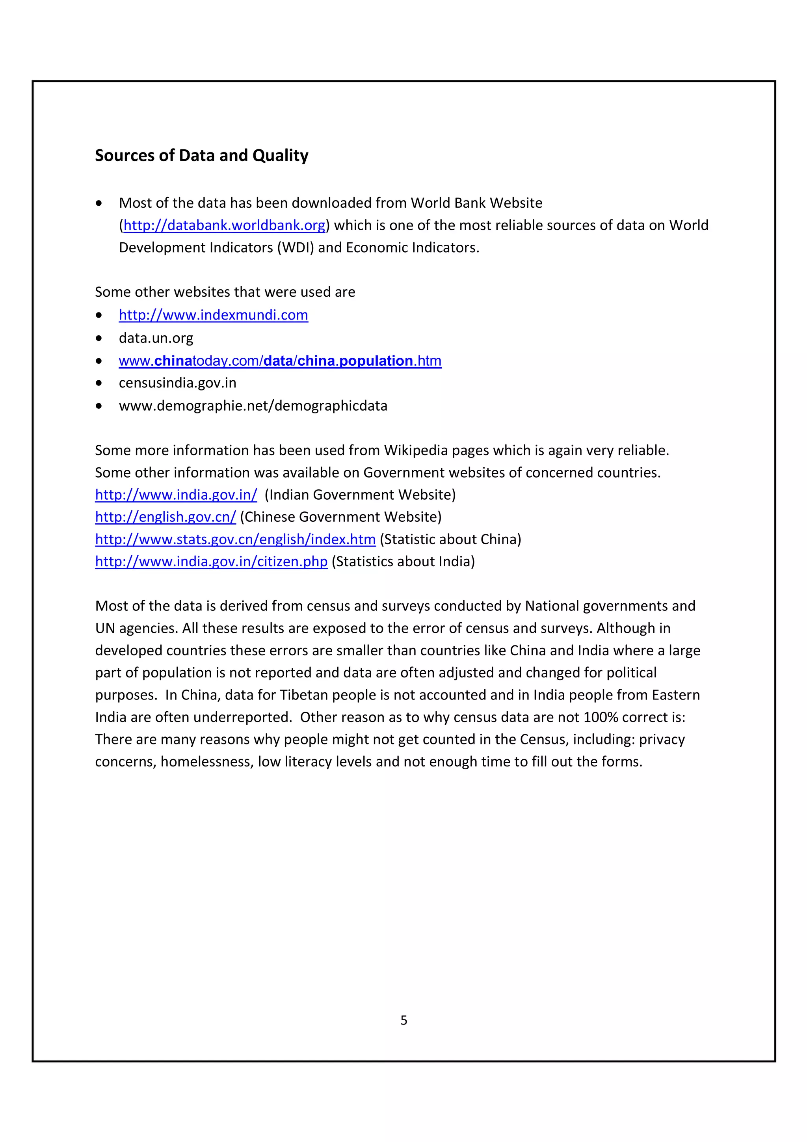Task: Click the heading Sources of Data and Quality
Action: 201,156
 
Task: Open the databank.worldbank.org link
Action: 224,225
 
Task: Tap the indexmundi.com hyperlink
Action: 213,315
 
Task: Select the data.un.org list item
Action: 156,338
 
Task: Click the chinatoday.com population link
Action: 280,361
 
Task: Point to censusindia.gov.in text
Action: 177,383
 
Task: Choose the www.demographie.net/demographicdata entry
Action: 253,406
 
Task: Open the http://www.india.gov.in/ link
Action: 176,495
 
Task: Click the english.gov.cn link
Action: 165,517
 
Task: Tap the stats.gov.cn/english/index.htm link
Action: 235,539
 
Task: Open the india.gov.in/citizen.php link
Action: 211,562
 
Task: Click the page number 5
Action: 404,1021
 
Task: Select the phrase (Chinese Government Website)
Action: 340,517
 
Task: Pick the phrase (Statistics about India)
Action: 403,562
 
